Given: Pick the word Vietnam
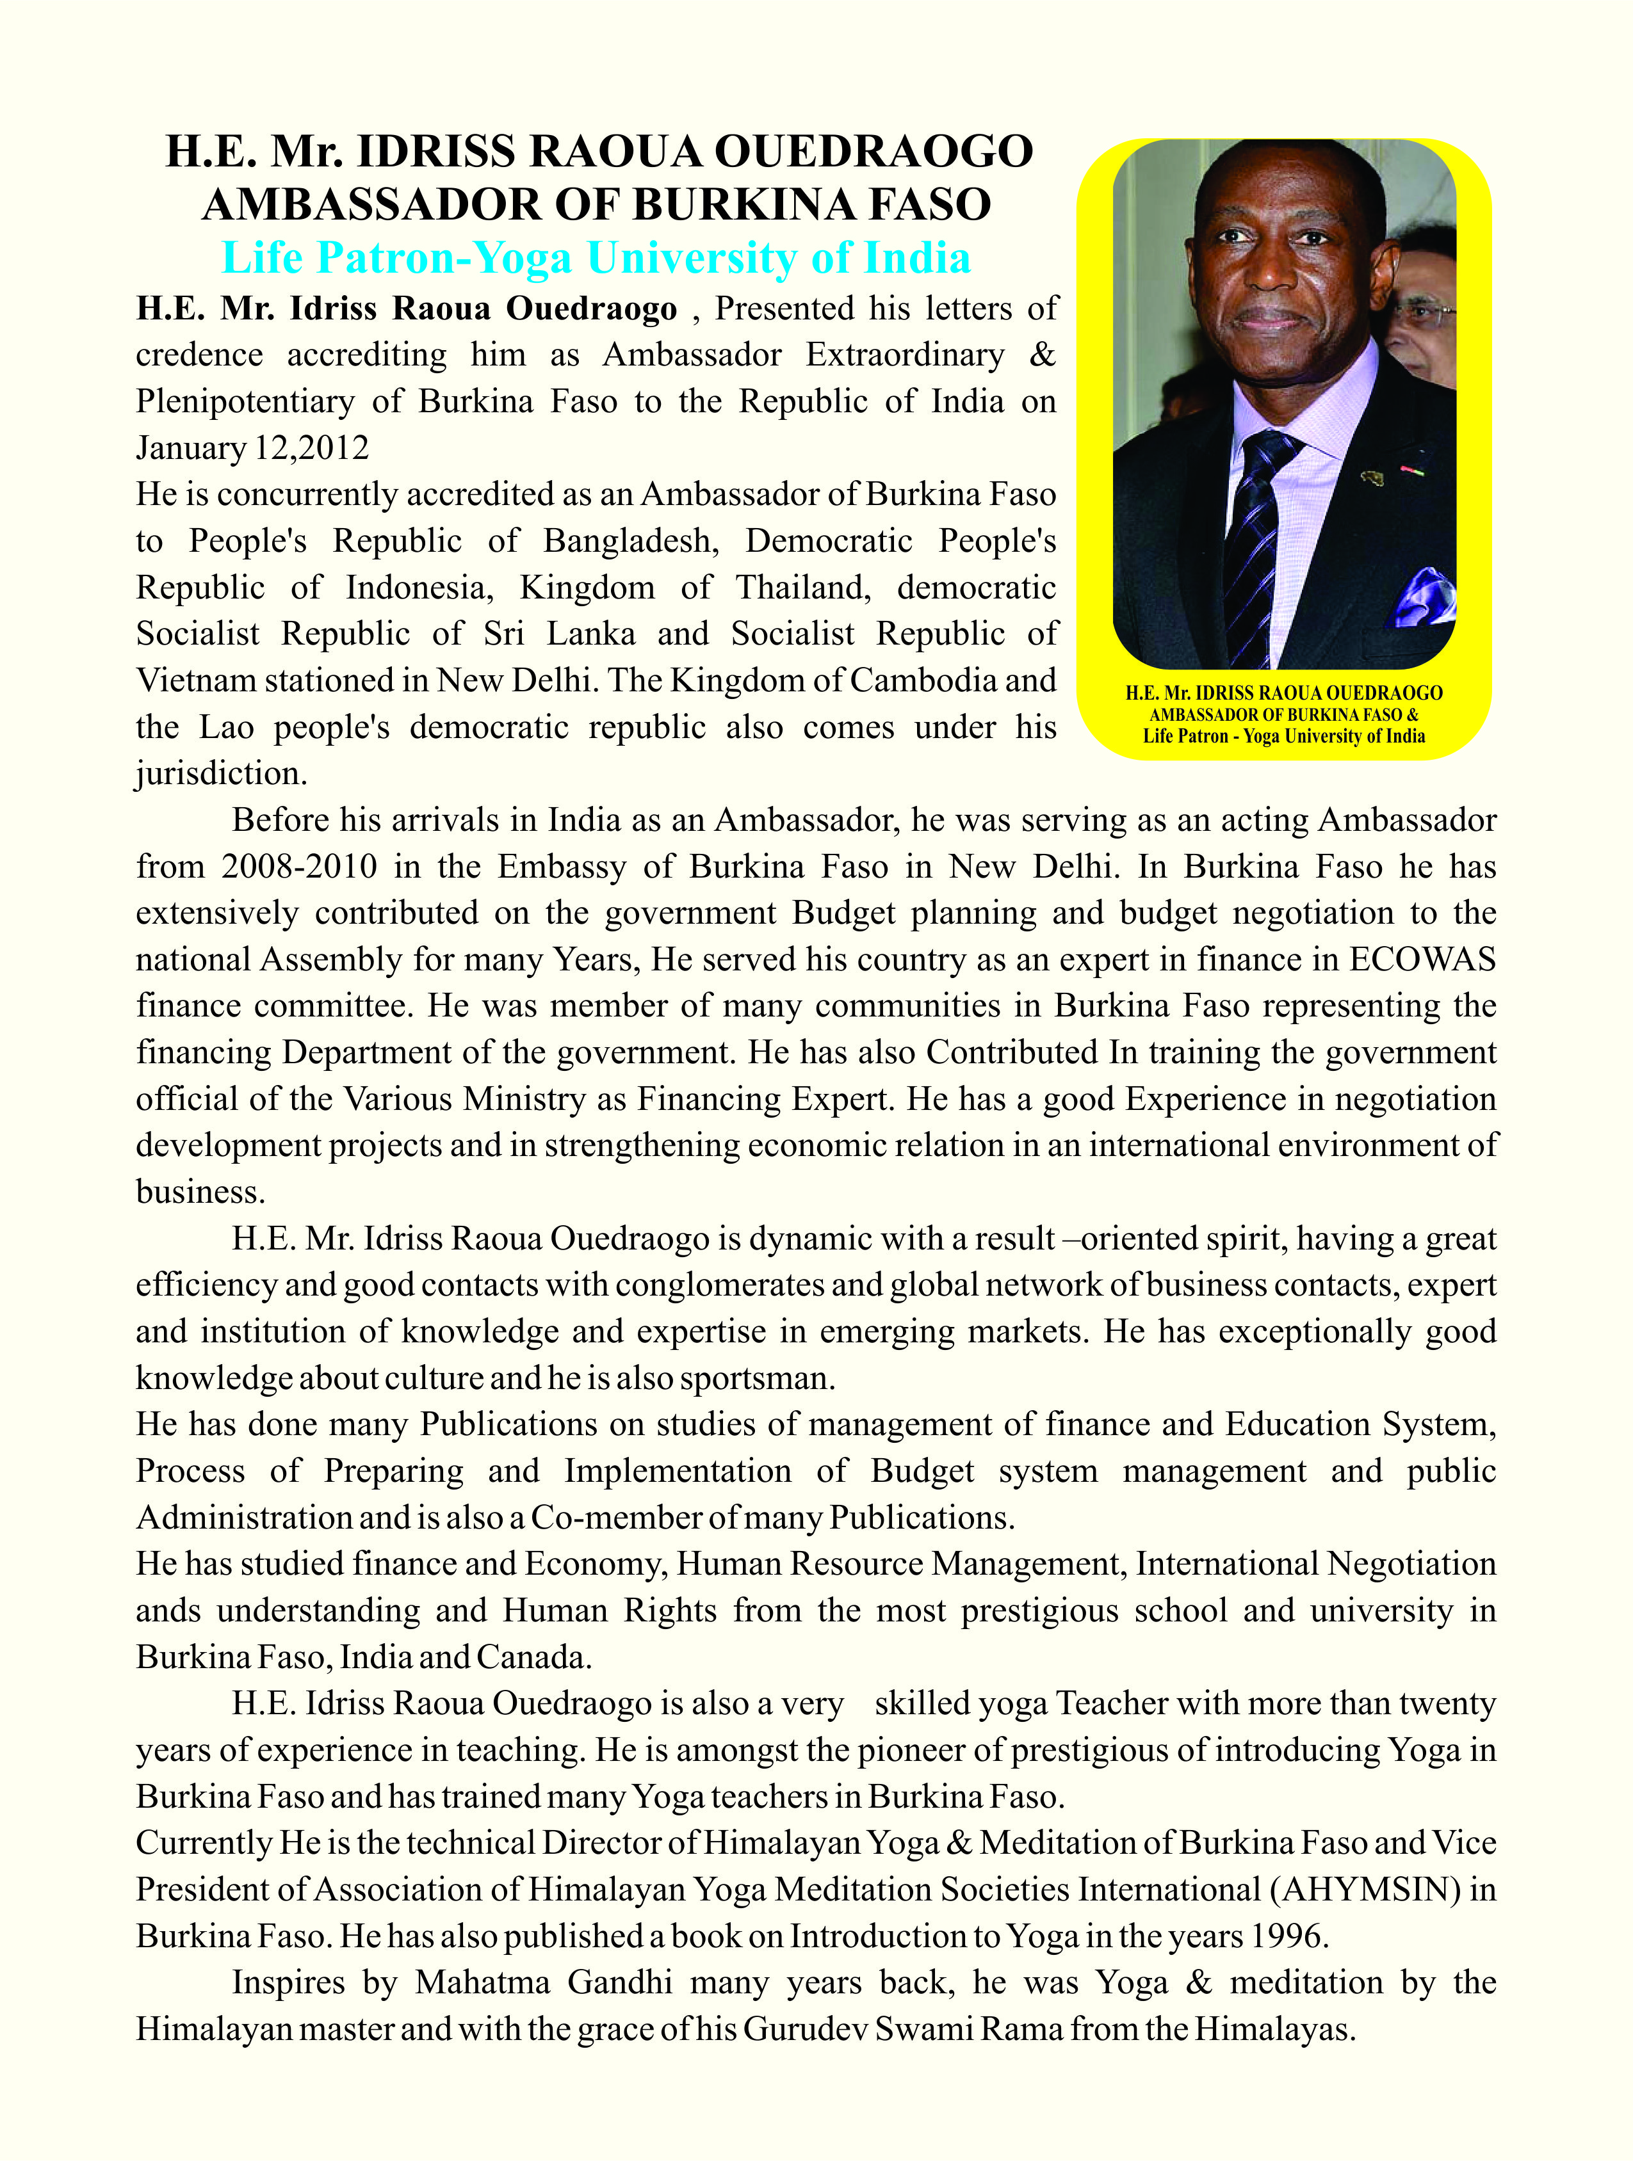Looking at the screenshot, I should pos(195,680).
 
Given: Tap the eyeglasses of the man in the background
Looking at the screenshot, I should pos(1428,314).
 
